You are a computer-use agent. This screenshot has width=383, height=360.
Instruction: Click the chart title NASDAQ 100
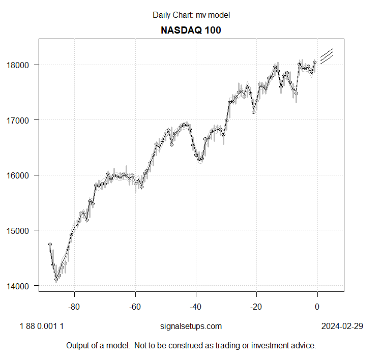[191, 30]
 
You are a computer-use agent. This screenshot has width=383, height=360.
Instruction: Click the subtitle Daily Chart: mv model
[191, 15]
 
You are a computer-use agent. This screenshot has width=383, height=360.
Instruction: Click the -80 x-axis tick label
[74, 307]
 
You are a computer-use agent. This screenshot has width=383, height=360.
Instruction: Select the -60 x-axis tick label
[135, 307]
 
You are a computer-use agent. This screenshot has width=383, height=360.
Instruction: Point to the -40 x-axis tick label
[196, 307]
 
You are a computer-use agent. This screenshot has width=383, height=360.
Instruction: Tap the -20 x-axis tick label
[256, 307]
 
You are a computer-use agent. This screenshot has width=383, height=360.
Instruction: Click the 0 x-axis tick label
[317, 307]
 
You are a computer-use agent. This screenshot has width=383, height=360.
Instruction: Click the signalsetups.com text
[191, 326]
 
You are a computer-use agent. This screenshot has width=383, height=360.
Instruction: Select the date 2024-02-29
[342, 326]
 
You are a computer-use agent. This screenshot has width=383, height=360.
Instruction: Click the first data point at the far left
[50, 245]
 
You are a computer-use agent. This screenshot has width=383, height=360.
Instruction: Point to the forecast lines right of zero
[326, 56]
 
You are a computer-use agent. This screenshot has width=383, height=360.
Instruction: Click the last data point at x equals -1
[314, 62]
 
